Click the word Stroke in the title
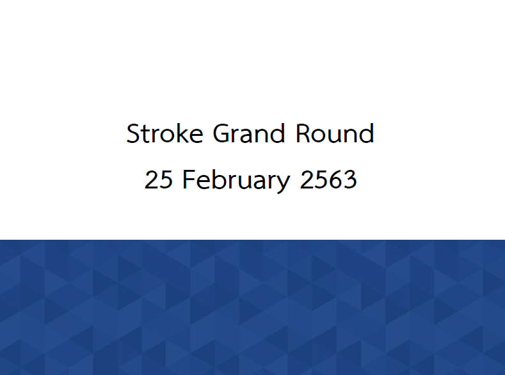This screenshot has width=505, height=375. tap(164, 133)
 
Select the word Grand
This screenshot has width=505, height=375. tap(249, 133)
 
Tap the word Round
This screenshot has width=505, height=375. tap(335, 133)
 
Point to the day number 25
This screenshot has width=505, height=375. tap(159, 179)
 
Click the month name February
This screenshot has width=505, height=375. tap(236, 180)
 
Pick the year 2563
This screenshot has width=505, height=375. tap(328, 179)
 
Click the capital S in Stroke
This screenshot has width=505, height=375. tap(133, 133)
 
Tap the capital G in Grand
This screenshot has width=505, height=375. tap(221, 133)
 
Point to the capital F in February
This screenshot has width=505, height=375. tap(189, 179)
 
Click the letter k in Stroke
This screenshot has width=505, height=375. tap(180, 133)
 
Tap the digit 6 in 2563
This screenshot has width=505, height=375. tap(335, 179)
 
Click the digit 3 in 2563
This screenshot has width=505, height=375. tap(350, 179)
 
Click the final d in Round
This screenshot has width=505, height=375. tap(367, 133)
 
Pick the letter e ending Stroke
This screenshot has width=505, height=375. tap(196, 136)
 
